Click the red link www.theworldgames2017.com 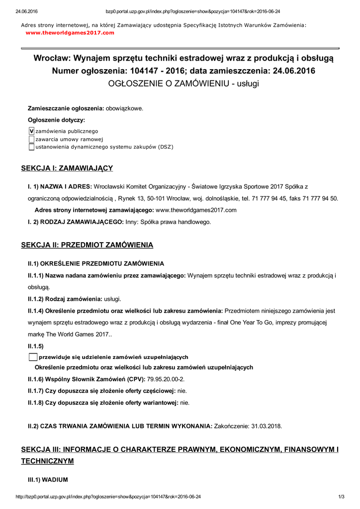point(70,33)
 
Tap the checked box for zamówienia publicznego point(31,131)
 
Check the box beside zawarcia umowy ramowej point(31,139)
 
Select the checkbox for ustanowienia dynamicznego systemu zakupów point(31,147)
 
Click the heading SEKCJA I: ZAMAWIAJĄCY point(67,169)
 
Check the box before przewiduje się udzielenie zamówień point(33,357)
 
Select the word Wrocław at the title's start point(54,58)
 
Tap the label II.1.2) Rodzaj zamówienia point(65,299)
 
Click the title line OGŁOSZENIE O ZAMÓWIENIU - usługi point(183,84)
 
